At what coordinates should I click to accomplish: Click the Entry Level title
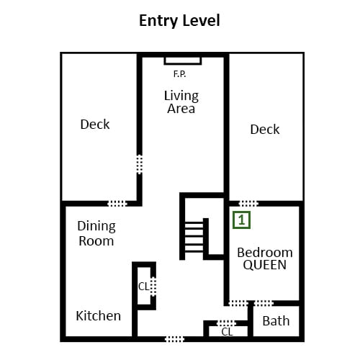(x=179, y=21)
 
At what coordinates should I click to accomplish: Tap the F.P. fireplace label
(x=179, y=74)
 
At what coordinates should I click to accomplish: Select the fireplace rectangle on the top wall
(x=183, y=61)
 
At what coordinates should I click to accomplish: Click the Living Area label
(x=181, y=102)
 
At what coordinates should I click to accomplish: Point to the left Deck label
(x=95, y=125)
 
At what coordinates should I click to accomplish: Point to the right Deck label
(x=265, y=130)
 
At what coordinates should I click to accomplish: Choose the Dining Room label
(x=96, y=233)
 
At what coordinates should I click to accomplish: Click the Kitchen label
(x=99, y=316)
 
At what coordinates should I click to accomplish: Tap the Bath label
(x=276, y=321)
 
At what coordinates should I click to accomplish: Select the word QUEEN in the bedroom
(x=265, y=265)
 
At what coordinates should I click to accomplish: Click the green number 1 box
(x=241, y=220)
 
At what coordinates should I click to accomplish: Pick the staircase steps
(x=194, y=237)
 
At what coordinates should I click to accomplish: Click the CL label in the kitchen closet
(x=144, y=287)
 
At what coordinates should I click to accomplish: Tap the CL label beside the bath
(x=227, y=332)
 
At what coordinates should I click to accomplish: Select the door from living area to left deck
(x=140, y=164)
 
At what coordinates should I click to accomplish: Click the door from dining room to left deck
(x=117, y=204)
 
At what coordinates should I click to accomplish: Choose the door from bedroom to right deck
(x=248, y=204)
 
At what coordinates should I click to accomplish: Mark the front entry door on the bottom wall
(x=174, y=339)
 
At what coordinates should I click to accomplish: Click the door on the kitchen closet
(x=153, y=286)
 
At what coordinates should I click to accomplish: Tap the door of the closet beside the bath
(x=227, y=323)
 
